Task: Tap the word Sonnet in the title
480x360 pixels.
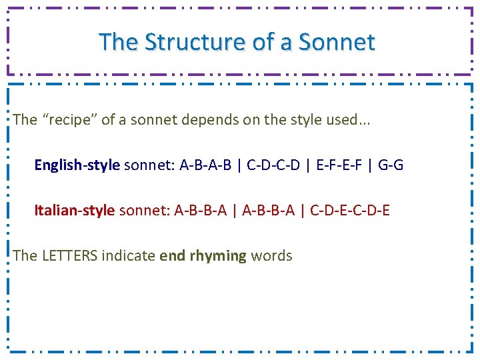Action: pos(337,42)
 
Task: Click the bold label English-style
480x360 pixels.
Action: pos(77,165)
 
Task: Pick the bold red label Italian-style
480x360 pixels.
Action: pos(75,211)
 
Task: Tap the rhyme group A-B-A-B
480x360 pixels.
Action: pos(205,165)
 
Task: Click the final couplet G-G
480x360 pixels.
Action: pos(391,165)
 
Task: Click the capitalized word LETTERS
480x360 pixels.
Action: pos(69,255)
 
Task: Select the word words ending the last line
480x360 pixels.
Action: pos(272,255)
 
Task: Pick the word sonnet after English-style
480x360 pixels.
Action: pos(149,165)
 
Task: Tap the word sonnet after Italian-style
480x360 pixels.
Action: pos(143,211)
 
